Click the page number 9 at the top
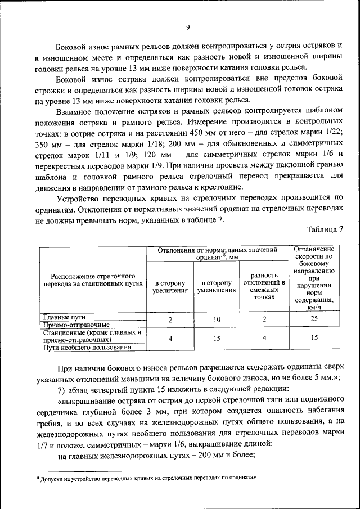pos(188,26)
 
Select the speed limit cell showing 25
pos(314,319)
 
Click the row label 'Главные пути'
pos(64,317)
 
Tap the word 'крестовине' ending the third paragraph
pos(222,186)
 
